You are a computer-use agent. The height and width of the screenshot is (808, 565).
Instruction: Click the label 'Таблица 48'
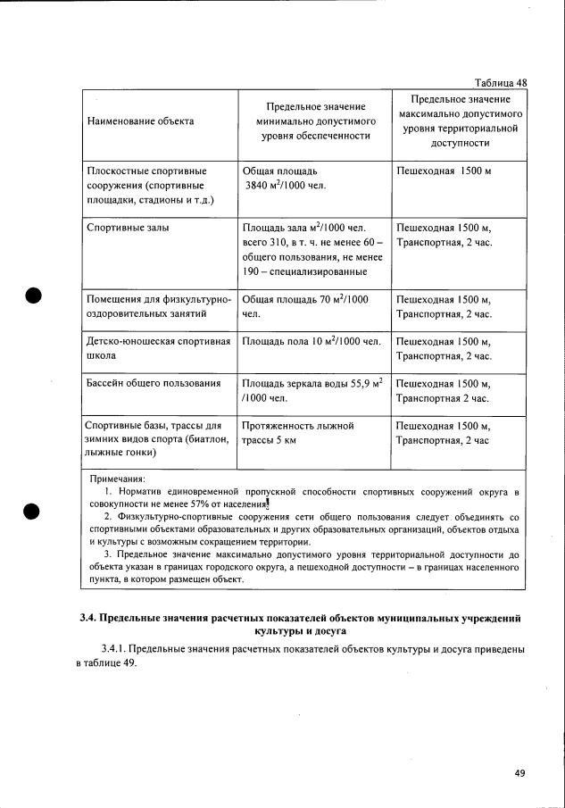(501, 82)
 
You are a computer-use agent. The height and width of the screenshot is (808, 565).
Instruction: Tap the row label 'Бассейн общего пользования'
(153, 384)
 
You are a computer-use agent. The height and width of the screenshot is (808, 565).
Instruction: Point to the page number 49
(520, 773)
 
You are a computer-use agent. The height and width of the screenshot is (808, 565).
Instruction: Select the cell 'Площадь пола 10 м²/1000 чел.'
(311, 341)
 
